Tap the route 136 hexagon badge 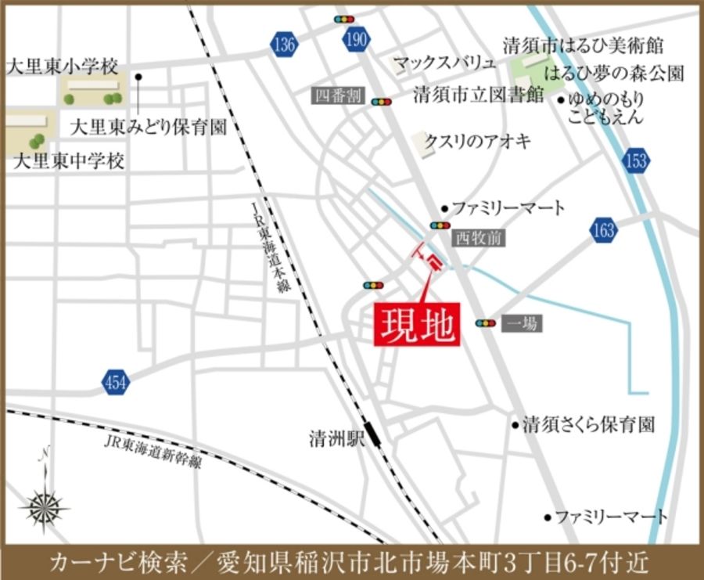[284, 45]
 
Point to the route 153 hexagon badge [637, 161]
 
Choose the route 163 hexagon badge [604, 230]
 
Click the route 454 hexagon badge [116, 383]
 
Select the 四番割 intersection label [337, 95]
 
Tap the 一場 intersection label [522, 322]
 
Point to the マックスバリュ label [444, 63]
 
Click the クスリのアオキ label [478, 141]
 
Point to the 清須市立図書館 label [479, 95]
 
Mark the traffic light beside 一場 [486, 322]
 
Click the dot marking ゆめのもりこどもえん [560, 99]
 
